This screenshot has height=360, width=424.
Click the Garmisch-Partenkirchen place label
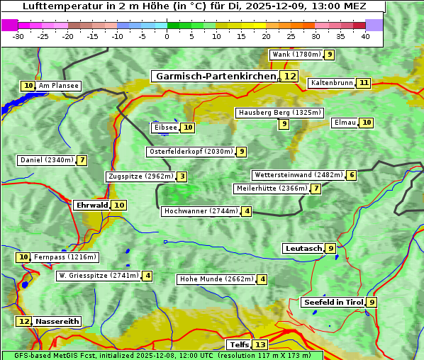[x=215, y=77]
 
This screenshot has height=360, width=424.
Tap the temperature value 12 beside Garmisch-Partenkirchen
[x=289, y=77]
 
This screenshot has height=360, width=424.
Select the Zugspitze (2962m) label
[x=140, y=176]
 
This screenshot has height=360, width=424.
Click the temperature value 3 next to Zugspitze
[x=182, y=176]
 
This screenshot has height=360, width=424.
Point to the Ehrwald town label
[x=91, y=206]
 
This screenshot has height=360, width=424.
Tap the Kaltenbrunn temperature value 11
[x=364, y=83]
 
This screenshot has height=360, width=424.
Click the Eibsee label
[x=165, y=128]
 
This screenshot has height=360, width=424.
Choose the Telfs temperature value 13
[x=260, y=345]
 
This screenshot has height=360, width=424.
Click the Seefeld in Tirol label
[x=333, y=303]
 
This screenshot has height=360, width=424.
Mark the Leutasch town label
[x=303, y=249]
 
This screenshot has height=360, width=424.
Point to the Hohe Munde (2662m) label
[x=216, y=279]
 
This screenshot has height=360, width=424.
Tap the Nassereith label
[x=57, y=321]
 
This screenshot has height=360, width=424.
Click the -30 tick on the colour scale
[x=18, y=36]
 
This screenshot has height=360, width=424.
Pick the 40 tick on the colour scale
[x=365, y=36]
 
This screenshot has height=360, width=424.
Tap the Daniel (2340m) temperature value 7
[x=82, y=160]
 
